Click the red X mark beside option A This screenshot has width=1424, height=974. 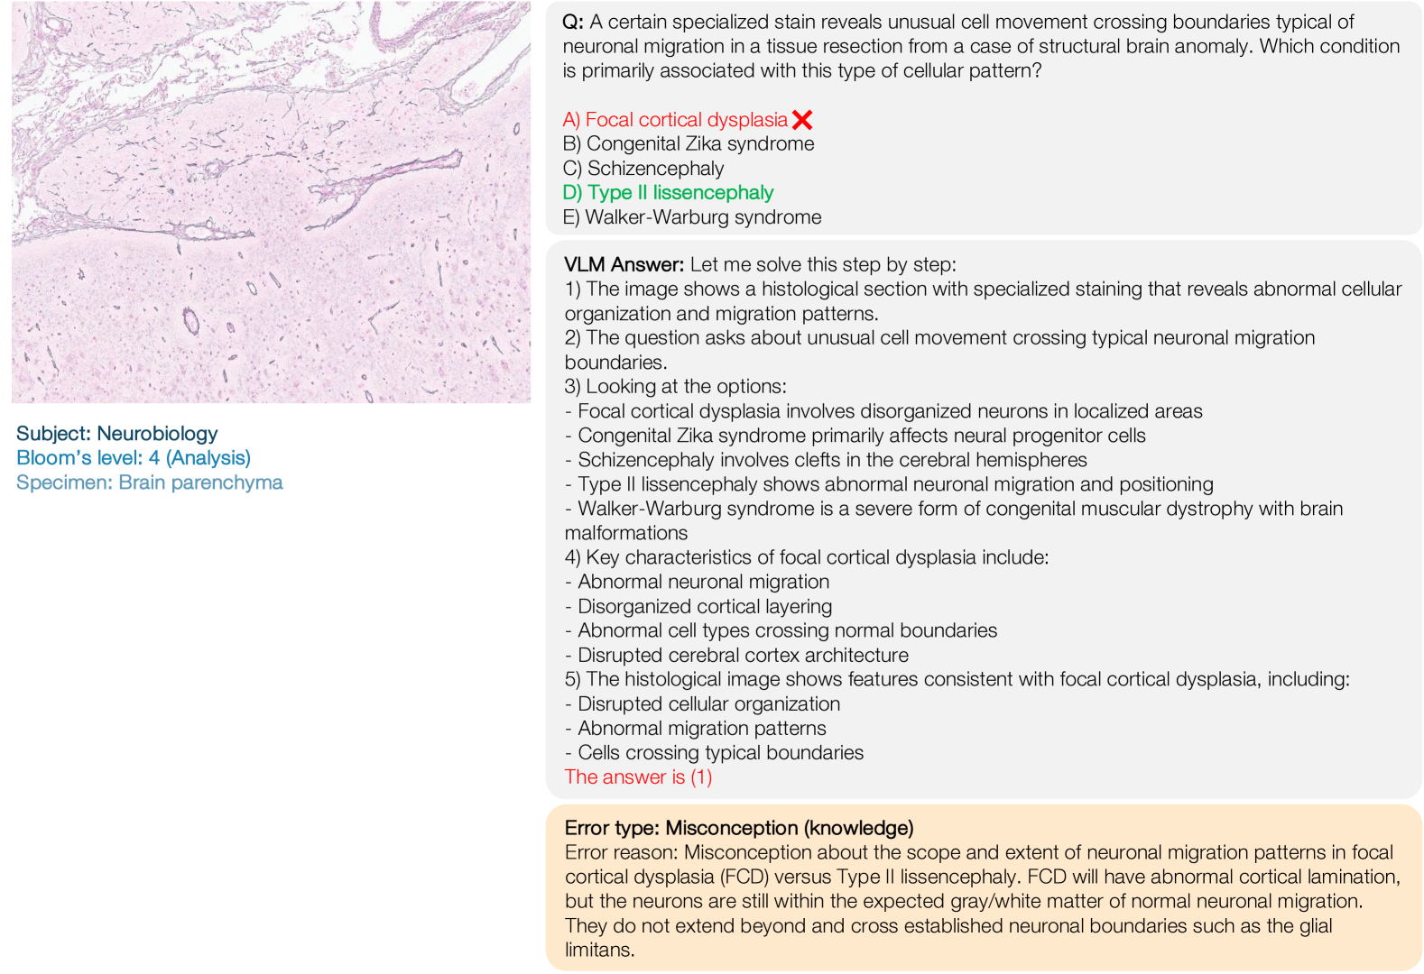coord(801,119)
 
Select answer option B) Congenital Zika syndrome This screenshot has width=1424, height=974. coord(688,143)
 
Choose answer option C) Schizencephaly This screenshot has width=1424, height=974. coord(643,169)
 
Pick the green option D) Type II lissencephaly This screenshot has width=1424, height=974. coord(668,193)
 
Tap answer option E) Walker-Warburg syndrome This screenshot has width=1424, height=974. coord(691,217)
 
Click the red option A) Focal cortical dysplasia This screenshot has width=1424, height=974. coord(675,119)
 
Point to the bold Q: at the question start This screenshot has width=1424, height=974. coord(573,22)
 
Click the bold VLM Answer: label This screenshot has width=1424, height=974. coord(624,264)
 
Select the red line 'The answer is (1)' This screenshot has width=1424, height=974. coord(638,776)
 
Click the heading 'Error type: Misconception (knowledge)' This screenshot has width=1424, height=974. coord(738,828)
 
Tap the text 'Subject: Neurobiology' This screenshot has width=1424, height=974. coord(117,434)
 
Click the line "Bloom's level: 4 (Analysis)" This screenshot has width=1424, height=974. coord(134,458)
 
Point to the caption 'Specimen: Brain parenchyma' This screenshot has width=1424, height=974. coord(150,482)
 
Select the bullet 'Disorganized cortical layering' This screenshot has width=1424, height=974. coord(704,606)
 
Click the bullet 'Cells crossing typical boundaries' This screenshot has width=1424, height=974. coord(720,752)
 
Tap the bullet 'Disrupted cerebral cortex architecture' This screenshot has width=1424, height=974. coord(743,655)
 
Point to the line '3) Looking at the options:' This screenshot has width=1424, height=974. coord(675,386)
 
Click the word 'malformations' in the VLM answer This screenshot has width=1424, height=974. coord(625,533)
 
